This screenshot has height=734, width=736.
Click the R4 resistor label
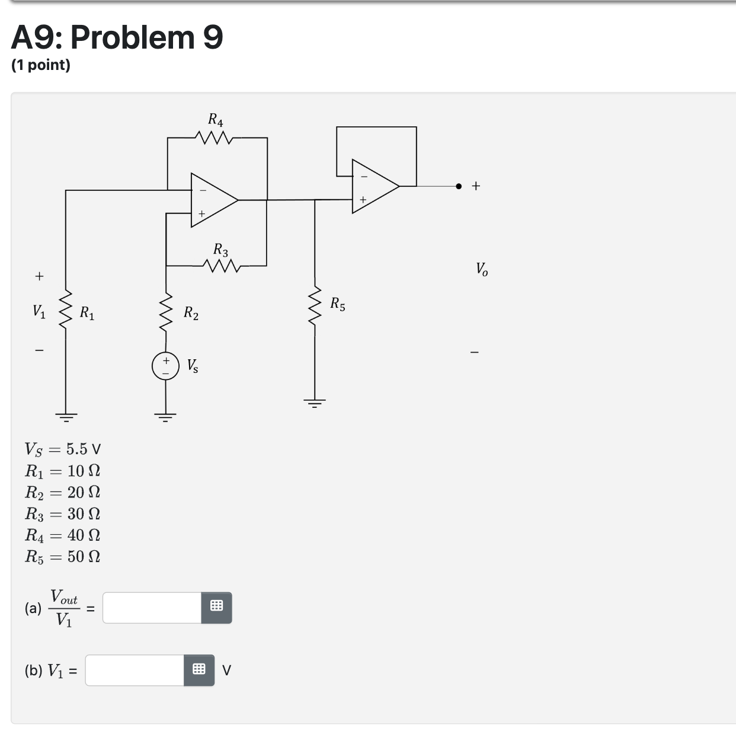pos(216,120)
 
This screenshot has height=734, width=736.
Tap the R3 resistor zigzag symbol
pos(220,266)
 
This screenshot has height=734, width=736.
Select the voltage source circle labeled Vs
pos(165,366)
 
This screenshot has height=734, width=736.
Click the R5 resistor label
pos(338,305)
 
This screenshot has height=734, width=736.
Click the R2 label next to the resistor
pos(191,312)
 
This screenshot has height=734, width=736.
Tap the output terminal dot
pos(459,186)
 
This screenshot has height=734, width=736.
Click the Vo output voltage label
pos(482,269)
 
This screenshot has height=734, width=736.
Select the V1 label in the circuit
pos(39,311)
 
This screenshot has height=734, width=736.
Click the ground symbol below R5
pos(315,404)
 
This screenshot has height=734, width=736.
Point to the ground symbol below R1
pos(66,416)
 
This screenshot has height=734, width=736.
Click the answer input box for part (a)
pos(152,608)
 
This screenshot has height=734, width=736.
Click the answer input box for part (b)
pos(135,671)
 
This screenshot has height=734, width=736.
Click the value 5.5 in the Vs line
pos(76,449)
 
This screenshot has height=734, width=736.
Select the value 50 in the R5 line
pos(75,556)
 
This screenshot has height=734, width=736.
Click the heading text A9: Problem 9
pos(117,37)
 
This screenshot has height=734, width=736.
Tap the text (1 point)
pos(41,65)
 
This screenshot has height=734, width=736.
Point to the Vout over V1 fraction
pos(64,608)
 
